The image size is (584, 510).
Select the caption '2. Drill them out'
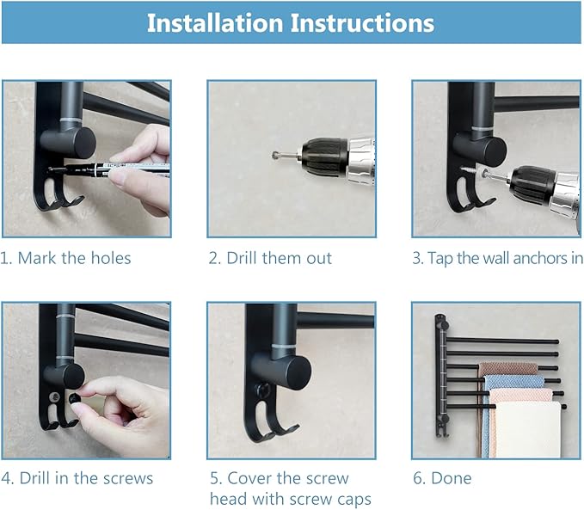point(270,258)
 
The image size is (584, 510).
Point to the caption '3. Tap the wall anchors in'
point(497,258)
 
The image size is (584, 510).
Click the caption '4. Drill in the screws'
point(77,478)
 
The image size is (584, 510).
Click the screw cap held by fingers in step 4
point(75,398)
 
